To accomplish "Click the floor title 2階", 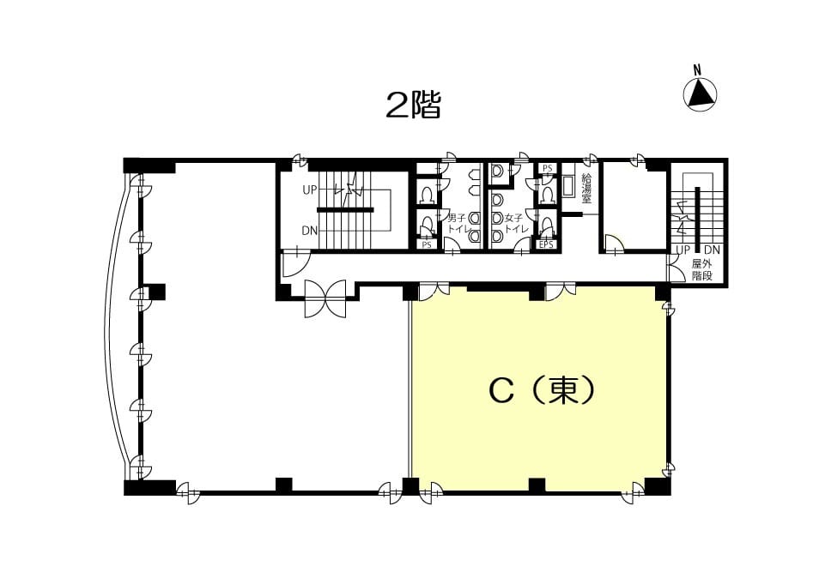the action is coord(413,105).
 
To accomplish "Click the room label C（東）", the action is coord(542,390).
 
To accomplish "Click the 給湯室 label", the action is coord(587,188).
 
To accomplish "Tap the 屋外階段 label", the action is coord(702,270).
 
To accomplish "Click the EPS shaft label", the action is coord(547,244).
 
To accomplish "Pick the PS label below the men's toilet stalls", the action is coord(427,245).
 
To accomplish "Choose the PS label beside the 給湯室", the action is coord(548,168).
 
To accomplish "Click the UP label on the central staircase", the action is coord(310,190).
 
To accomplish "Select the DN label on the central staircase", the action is coord(310,231).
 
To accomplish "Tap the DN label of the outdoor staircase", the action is coord(713,250).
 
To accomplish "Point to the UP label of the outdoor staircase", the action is coord(683,250).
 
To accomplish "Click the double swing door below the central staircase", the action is coord(325,298).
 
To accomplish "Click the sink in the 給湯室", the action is coord(567,186).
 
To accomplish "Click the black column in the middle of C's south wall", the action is coord(537,485).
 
